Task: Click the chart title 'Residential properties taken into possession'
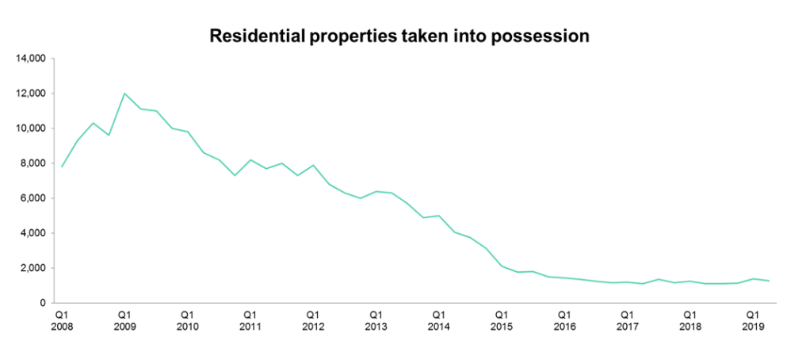(399, 36)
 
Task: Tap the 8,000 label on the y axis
(34, 163)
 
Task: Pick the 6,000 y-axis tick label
(34, 198)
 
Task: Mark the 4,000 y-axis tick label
(34, 233)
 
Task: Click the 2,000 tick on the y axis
(34, 268)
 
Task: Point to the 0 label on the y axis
(44, 303)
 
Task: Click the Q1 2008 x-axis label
(62, 320)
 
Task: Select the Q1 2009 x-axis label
(124, 320)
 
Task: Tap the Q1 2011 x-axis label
(250, 320)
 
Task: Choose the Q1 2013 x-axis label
(376, 320)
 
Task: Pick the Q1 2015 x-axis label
(502, 320)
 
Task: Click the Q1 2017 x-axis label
(627, 320)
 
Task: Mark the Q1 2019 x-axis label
(753, 320)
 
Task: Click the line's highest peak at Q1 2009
(124, 94)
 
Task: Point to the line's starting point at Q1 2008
(62, 167)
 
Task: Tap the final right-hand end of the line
(769, 281)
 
